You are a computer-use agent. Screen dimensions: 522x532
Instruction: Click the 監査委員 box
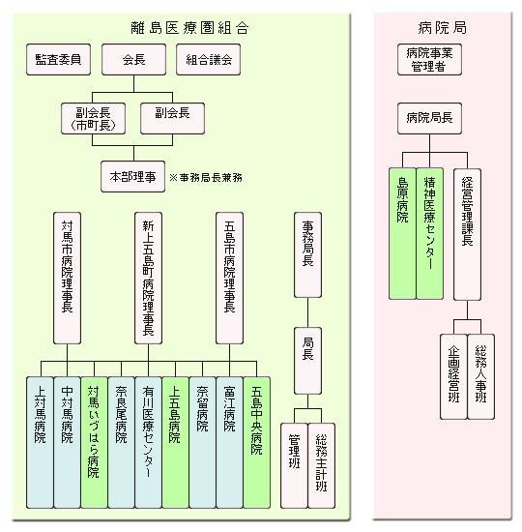58,59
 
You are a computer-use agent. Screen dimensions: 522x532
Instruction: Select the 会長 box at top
134,59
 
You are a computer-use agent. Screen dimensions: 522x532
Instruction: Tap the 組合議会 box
208,59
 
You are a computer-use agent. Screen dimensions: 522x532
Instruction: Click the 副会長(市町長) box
93,119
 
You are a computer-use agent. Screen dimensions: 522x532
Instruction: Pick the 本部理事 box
133,177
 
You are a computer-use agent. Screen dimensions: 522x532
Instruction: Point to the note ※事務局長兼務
206,177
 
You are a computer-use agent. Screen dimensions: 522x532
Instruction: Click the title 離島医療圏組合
189,28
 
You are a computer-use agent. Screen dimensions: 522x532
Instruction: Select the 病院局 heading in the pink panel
443,28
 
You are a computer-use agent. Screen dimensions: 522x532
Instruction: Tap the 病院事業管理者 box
430,59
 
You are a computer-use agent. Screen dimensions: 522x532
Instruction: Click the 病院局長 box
430,118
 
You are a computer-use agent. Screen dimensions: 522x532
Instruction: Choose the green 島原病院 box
402,234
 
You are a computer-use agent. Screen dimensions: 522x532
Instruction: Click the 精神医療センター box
430,234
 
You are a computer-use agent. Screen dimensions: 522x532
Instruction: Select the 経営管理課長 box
468,234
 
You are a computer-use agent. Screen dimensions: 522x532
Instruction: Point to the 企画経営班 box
453,376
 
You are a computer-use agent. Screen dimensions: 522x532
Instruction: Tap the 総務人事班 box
481,376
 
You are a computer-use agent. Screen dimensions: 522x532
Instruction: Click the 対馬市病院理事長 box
67,279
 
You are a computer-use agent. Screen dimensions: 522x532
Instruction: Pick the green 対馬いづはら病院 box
95,442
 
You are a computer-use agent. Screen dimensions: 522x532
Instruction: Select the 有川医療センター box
148,442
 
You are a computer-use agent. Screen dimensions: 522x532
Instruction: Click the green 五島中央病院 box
257,442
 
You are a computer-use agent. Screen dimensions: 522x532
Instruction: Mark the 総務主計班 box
322,466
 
